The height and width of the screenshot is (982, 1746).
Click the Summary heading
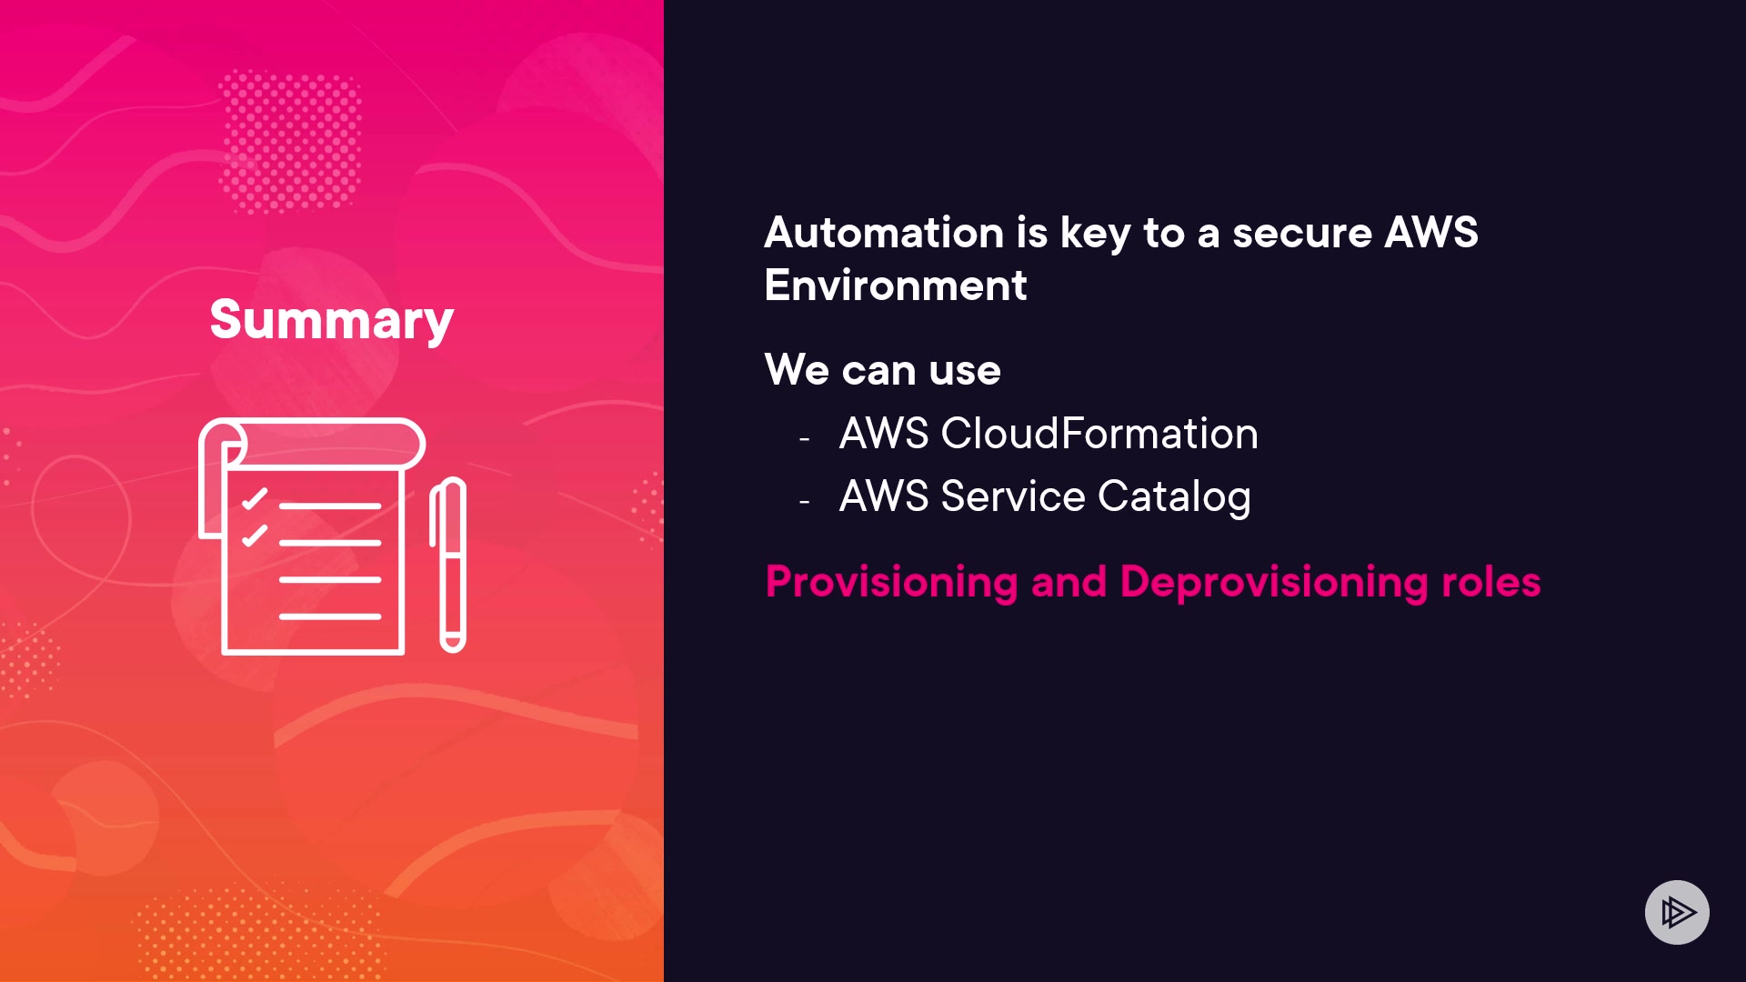coord(331,320)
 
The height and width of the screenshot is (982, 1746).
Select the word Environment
coord(896,286)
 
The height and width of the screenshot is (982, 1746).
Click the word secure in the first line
coord(1301,233)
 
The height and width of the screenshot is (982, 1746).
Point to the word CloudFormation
coord(1099,434)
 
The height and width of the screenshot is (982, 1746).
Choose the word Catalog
coord(1174,497)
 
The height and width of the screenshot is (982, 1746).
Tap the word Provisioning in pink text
coord(891,582)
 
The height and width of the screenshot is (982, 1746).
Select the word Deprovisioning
coord(1274,582)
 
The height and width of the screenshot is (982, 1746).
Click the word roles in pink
coord(1490,582)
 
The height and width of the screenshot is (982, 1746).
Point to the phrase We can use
coord(882,370)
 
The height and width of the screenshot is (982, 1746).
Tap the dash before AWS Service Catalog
coord(804,501)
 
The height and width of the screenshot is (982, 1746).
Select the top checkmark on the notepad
coord(255,499)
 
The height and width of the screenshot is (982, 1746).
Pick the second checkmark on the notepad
coord(255,536)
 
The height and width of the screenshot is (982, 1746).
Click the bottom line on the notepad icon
coord(329,616)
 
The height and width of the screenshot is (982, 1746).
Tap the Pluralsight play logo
coord(1677,912)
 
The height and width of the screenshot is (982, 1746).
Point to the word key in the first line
coord(1095,233)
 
